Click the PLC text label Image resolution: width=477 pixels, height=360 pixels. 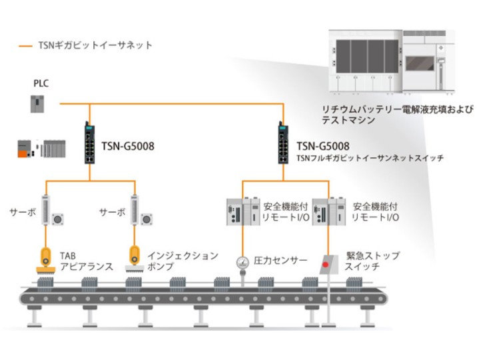41,84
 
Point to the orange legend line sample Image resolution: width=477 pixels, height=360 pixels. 26,46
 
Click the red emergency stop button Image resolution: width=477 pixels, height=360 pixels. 326,264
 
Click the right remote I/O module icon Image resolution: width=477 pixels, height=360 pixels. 329,212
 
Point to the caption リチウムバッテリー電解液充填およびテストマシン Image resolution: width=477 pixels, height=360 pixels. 386,115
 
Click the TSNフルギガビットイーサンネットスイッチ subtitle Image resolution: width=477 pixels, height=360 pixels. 370,158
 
